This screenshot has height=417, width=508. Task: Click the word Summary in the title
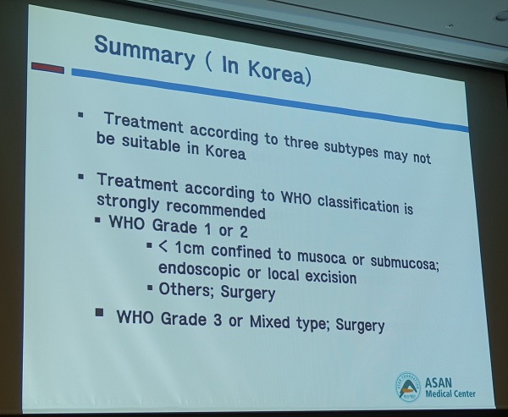(x=144, y=52)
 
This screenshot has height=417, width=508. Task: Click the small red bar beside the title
(x=47, y=68)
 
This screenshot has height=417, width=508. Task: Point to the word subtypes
(x=351, y=149)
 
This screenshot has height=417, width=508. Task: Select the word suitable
(x=151, y=144)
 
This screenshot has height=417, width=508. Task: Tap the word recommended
(x=216, y=210)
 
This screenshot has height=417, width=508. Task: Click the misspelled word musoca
(x=322, y=257)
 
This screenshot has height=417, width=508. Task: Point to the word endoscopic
(x=199, y=270)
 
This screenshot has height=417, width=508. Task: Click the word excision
(x=331, y=277)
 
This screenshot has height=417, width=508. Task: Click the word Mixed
(x=270, y=321)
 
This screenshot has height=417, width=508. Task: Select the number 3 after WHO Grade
(x=218, y=320)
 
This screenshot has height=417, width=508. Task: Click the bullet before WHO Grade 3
(x=100, y=312)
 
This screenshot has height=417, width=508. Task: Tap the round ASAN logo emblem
(x=408, y=387)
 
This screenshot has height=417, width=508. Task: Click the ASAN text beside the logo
(x=439, y=383)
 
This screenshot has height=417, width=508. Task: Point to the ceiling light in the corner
(x=501, y=16)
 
